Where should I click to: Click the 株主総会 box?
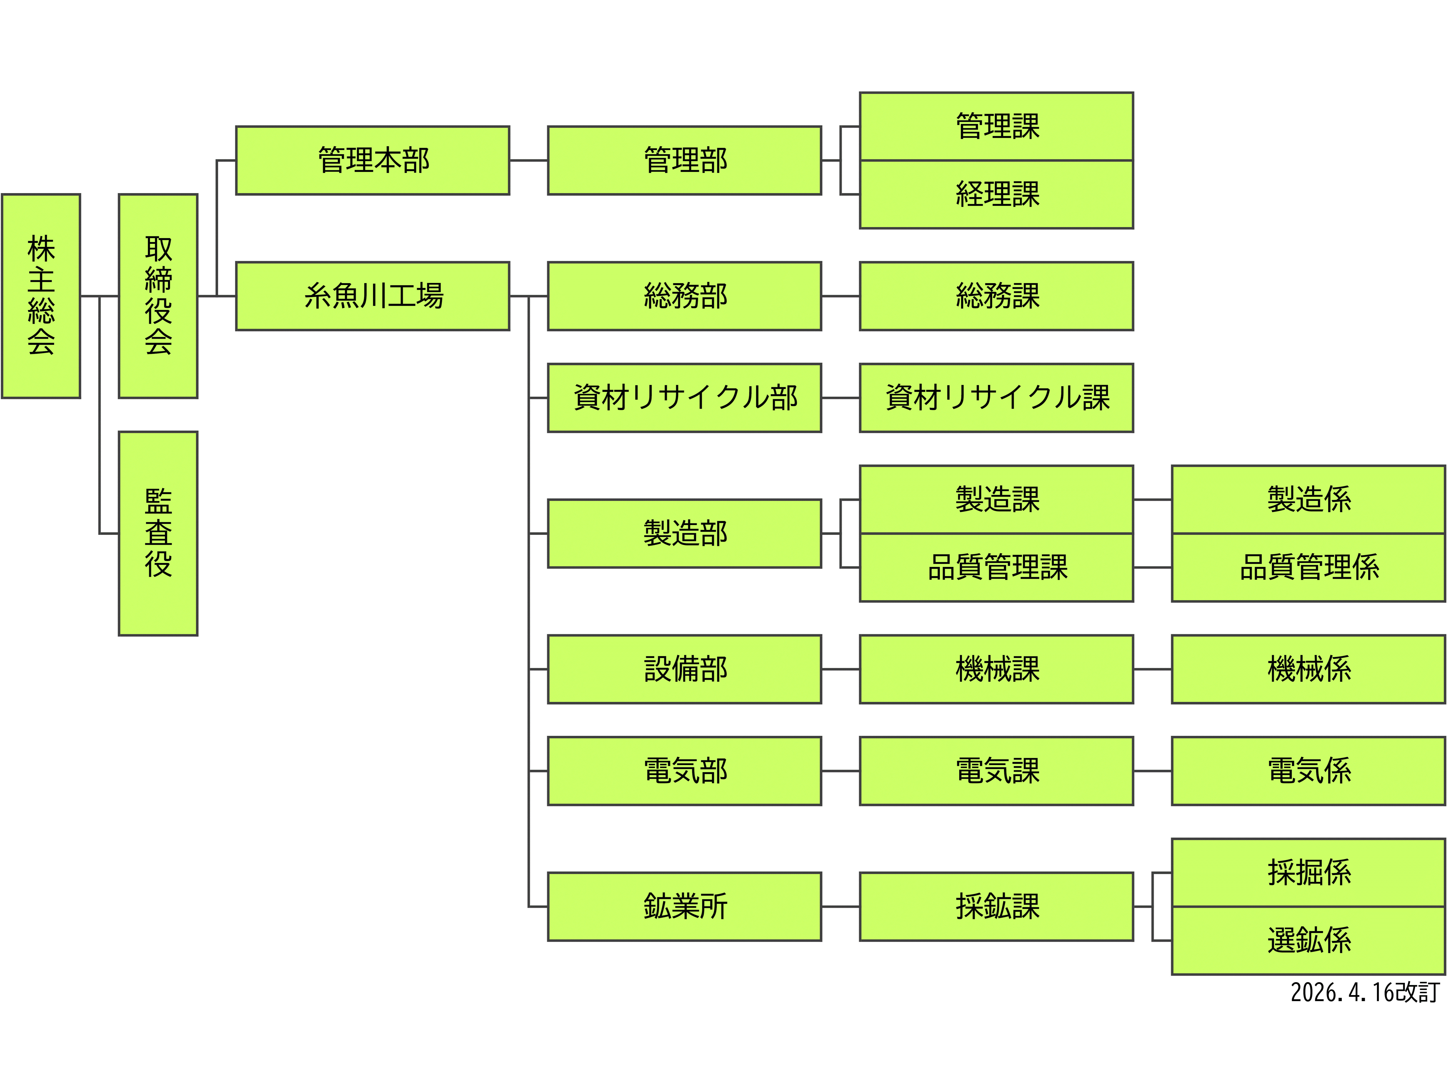click(x=41, y=296)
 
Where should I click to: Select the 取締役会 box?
click(x=158, y=296)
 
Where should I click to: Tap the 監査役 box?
click(x=158, y=533)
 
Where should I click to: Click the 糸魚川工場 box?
click(x=372, y=296)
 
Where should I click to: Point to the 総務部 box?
click(x=684, y=296)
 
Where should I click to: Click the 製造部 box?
click(x=684, y=533)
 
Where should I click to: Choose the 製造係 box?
click(x=1308, y=499)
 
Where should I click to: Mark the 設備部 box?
click(x=684, y=669)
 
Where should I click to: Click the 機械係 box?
click(x=1308, y=669)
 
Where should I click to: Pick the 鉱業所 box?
click(x=684, y=906)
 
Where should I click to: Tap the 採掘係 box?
click(x=1308, y=872)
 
